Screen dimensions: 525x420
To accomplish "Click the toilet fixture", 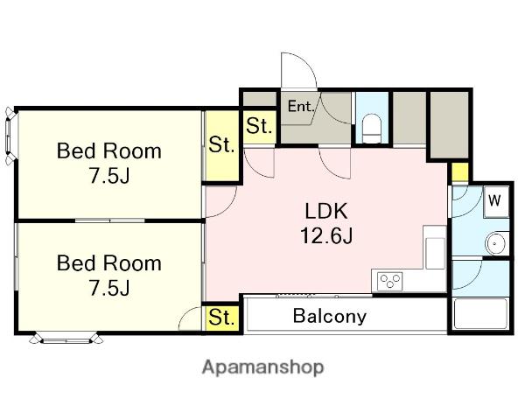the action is [x=372, y=129].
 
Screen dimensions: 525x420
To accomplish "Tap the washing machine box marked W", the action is [x=496, y=200].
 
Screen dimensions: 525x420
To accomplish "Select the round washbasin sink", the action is [x=496, y=243].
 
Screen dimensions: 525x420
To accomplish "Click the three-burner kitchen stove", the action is [x=389, y=281].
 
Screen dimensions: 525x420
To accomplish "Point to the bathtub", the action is [x=480, y=314].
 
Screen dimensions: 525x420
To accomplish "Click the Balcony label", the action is [x=330, y=316].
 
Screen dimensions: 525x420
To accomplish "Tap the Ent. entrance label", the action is [x=301, y=107].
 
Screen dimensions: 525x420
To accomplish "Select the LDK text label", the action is [x=326, y=211].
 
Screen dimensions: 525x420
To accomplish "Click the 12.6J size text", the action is [x=326, y=235].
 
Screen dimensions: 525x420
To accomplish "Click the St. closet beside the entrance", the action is [x=260, y=127].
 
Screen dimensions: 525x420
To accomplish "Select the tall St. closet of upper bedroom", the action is [x=221, y=146].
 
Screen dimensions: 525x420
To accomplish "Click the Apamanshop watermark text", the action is [x=262, y=367].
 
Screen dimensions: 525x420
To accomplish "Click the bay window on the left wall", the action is [x=10, y=136].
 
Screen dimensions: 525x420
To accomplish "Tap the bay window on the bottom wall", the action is [x=66, y=339].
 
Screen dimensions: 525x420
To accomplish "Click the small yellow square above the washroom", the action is [x=459, y=172].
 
